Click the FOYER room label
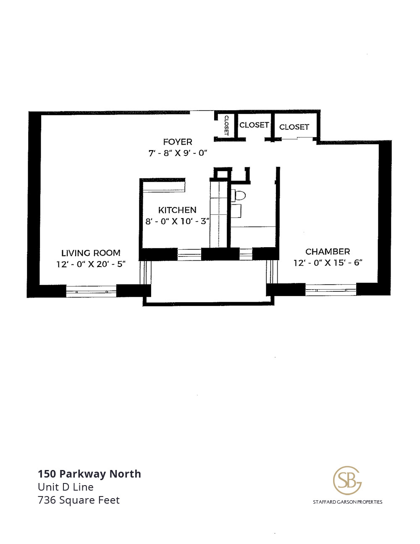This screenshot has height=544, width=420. [x=178, y=142]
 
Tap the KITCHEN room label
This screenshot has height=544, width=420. [x=177, y=210]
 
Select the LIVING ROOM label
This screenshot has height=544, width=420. [x=91, y=253]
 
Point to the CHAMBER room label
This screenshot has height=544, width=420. [x=328, y=251]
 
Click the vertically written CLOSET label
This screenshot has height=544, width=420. [x=226, y=125]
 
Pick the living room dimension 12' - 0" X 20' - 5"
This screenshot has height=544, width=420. [x=91, y=264]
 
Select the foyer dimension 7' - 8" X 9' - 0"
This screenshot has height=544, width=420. [x=178, y=153]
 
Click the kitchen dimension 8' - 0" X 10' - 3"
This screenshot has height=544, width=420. [x=177, y=221]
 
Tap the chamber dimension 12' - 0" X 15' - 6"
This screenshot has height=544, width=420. [x=328, y=263]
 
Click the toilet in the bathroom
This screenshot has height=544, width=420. [x=238, y=195]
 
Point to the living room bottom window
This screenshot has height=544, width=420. [x=91, y=291]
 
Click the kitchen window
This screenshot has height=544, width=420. [x=189, y=254]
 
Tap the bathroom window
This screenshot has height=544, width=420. [x=246, y=254]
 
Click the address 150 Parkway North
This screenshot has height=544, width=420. [x=89, y=474]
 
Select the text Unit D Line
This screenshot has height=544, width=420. [x=66, y=487]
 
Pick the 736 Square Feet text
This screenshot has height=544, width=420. [x=79, y=500]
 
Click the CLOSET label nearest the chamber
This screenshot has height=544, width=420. [x=294, y=127]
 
